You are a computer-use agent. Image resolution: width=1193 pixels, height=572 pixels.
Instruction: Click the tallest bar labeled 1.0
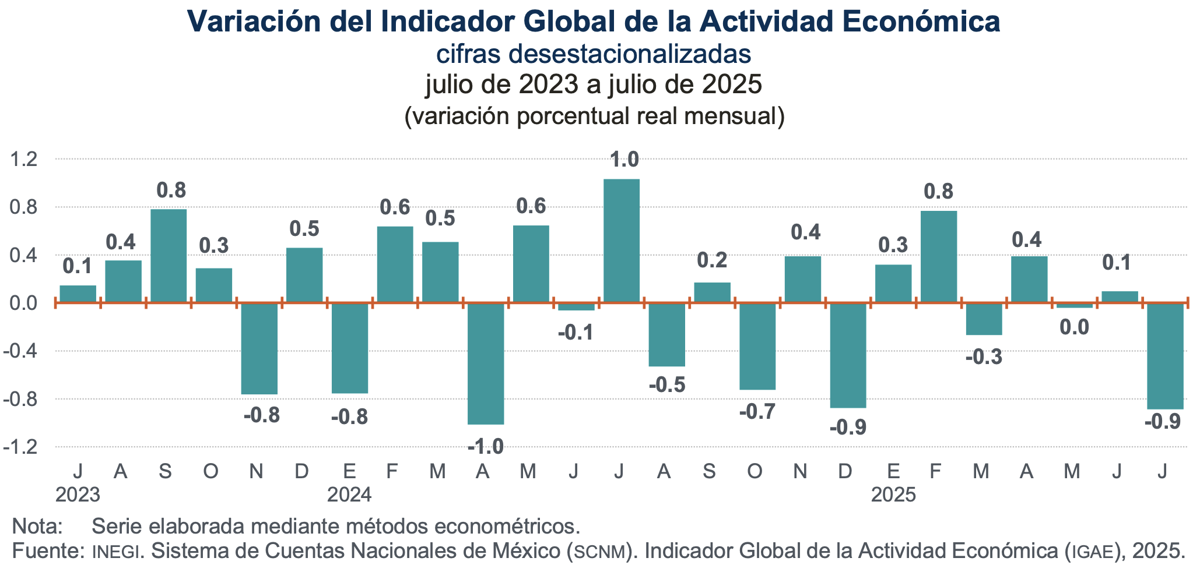tap(621, 240)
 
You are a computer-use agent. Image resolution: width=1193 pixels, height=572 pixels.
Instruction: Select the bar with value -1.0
tap(486, 363)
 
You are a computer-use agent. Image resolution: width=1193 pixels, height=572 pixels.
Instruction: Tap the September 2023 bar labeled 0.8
tap(169, 255)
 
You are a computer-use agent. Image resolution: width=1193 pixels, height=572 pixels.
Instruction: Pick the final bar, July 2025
tap(1165, 355)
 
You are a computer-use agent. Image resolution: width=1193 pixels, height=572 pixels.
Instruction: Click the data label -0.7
tap(757, 412)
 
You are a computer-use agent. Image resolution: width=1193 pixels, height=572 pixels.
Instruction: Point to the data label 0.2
tap(712, 260)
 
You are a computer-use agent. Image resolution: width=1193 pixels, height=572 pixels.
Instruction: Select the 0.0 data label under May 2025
tap(1074, 327)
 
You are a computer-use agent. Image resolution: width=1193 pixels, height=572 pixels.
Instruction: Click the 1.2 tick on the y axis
tap(24, 159)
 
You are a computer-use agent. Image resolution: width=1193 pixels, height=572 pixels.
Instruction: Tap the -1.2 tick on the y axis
tap(22, 447)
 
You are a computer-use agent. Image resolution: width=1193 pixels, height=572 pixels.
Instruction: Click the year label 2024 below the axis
tap(349, 495)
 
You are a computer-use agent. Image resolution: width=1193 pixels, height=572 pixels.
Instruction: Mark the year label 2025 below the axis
tap(893, 495)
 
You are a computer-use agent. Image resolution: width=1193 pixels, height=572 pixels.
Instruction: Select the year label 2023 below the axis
tap(78, 495)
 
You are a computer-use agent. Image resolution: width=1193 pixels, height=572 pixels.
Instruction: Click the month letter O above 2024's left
tap(210, 471)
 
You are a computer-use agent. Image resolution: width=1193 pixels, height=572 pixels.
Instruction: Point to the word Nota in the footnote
tap(36, 526)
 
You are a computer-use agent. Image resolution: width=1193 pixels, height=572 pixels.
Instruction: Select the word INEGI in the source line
tap(117, 551)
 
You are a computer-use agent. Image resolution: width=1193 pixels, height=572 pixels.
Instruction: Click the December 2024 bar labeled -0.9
tap(848, 355)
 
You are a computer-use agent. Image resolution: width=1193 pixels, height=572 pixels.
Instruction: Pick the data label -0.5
tap(667, 384)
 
